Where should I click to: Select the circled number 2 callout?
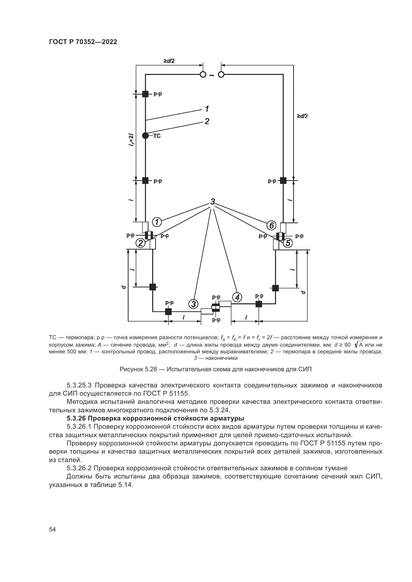[140, 243]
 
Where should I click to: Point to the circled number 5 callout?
[288, 243]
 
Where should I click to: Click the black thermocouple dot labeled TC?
[145, 136]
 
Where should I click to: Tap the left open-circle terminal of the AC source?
[203, 75]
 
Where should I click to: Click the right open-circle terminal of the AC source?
[221, 75]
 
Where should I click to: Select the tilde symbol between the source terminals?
[212, 75]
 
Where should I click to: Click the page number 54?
[52, 529]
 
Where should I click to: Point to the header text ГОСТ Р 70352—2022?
[83, 42]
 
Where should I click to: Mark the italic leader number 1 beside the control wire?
[207, 109]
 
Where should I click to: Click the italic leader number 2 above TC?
[207, 121]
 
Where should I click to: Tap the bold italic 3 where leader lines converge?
[212, 202]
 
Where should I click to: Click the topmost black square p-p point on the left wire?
[145, 94]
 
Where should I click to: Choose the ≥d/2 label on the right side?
[302, 116]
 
